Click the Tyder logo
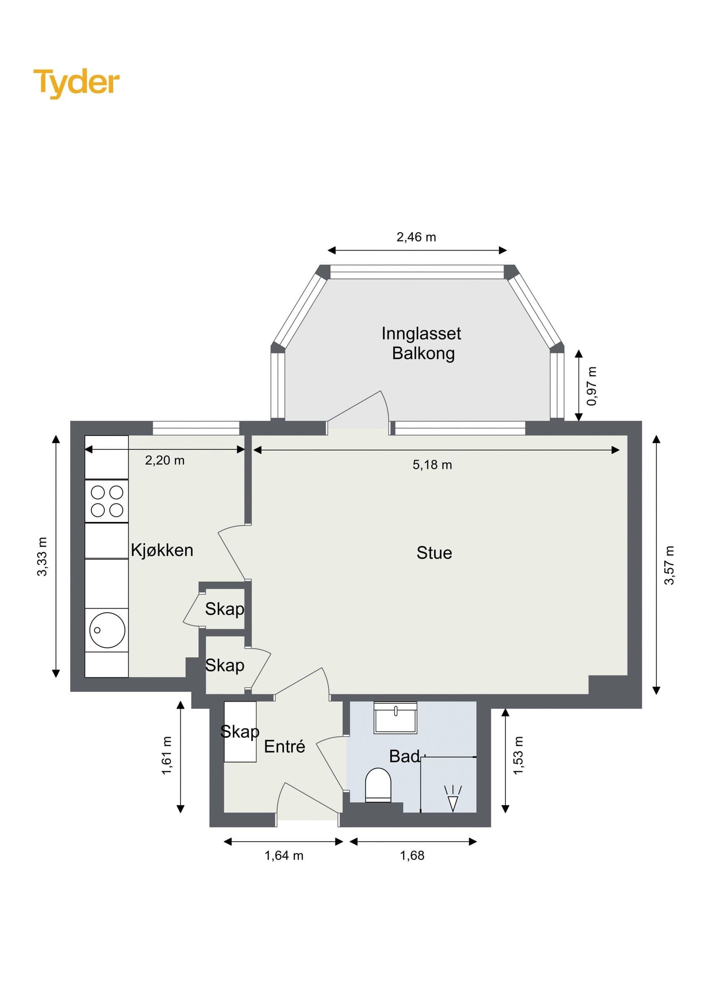tap(76, 83)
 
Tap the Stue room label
tap(434, 553)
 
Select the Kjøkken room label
tap(162, 550)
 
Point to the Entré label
tap(284, 746)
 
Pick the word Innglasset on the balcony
tap(421, 334)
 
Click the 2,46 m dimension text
tap(416, 237)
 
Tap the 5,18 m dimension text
tap(432, 465)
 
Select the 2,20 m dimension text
tap(165, 461)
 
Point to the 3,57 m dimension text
tap(669, 565)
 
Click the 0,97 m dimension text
tap(592, 386)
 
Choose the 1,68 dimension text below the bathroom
tap(412, 856)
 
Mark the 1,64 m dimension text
tap(284, 856)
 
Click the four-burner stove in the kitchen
tap(106, 501)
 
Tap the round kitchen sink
tap(107, 630)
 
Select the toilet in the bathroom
tap(378, 785)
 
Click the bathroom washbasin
tap(395, 718)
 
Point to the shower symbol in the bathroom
tap(453, 799)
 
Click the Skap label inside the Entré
tap(240, 731)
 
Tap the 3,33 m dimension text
tap(42, 557)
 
